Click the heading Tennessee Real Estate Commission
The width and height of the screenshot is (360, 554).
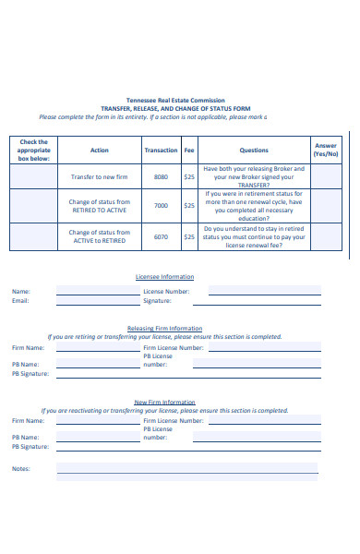point(174,101)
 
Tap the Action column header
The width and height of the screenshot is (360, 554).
point(100,150)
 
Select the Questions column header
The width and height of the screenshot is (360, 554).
point(254,150)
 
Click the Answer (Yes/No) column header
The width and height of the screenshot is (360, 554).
point(326,150)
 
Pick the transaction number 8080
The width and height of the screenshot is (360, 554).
point(161,176)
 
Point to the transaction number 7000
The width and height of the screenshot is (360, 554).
point(161,206)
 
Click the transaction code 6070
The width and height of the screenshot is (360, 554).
point(161,236)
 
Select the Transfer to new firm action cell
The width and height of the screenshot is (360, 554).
point(100,176)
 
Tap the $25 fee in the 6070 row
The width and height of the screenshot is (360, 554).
point(188,236)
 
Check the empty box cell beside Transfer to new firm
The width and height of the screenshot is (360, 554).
point(33,176)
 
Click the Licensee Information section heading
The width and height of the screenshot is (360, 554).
point(165,277)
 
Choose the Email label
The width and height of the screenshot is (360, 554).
point(20,300)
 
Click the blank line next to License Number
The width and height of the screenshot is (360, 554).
point(264,292)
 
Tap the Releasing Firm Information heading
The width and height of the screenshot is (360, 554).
point(165,328)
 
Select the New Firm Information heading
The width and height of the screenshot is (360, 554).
point(165,402)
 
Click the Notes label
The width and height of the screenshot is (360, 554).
point(20,468)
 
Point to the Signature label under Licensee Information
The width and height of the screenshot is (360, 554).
point(158,300)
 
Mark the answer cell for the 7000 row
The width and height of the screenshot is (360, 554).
point(326,206)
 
